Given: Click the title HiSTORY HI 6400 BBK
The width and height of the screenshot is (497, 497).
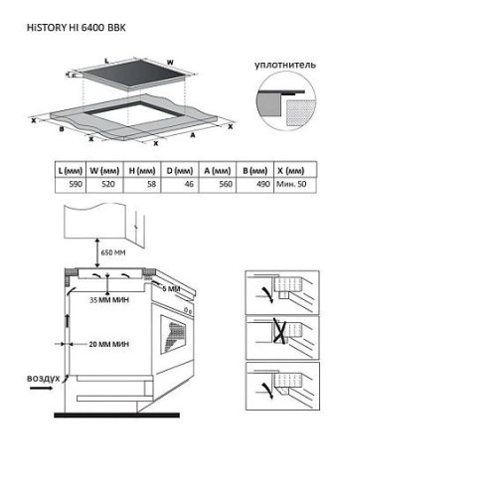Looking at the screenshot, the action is pyautogui.click(x=77, y=28).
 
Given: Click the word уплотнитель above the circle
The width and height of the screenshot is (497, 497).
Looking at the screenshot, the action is pyautogui.click(x=285, y=65).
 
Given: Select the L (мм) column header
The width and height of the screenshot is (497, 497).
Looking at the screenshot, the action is pyautogui.click(x=71, y=171).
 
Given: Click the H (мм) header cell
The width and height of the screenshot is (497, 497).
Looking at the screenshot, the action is pyautogui.click(x=142, y=171).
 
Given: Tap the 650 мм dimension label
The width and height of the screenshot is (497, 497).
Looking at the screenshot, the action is pyautogui.click(x=113, y=252).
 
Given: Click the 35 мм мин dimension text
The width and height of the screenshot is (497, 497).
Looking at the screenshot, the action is pyautogui.click(x=109, y=300).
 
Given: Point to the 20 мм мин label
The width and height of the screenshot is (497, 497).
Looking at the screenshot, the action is pyautogui.click(x=108, y=344).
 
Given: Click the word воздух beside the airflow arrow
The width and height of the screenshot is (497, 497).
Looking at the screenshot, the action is pyautogui.click(x=44, y=378).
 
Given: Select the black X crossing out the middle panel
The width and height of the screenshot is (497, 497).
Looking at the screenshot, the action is pyautogui.click(x=279, y=331).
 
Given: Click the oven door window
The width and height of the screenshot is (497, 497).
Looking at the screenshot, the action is pyautogui.click(x=173, y=334).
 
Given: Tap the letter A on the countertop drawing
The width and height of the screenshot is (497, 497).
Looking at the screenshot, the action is pyautogui.click(x=193, y=135).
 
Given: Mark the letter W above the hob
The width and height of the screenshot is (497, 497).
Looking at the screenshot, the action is pyautogui.click(x=170, y=63).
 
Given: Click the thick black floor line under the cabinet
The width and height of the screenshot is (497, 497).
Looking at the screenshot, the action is pyautogui.click(x=117, y=415).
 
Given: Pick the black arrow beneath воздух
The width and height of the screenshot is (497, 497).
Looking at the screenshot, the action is pyautogui.click(x=41, y=388).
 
